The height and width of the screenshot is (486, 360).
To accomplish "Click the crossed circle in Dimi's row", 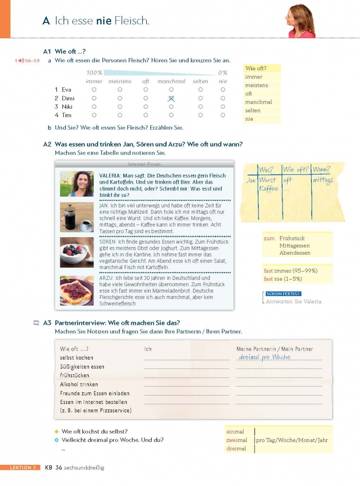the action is pyautogui.click(x=171, y=98).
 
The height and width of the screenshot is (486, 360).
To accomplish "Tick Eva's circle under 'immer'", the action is pyautogui.click(x=94, y=90).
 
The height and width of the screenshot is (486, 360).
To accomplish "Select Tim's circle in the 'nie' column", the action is pyautogui.click(x=223, y=115).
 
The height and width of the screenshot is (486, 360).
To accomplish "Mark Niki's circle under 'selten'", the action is pyautogui.click(x=200, y=107).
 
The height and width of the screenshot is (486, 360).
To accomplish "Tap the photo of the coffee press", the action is pyautogui.click(x=76, y=217).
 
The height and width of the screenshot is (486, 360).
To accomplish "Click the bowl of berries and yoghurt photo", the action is pyautogui.click(x=76, y=252).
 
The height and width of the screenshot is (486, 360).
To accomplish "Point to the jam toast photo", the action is pyautogui.click(x=76, y=291).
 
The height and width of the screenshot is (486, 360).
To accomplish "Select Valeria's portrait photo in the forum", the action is pyautogui.click(x=76, y=184).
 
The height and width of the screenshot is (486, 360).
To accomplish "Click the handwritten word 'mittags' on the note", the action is pyautogui.click(x=323, y=180).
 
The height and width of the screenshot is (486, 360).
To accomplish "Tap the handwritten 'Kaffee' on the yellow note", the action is pyautogui.click(x=269, y=189).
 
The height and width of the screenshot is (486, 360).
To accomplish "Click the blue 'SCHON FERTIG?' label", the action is pyautogui.click(x=283, y=293).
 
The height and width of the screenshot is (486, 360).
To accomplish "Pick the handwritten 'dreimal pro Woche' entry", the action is pyautogui.click(x=265, y=357).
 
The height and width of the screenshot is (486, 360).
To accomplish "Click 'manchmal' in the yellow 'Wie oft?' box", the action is pyautogui.click(x=259, y=102).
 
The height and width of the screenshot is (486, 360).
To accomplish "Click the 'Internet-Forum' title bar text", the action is pyautogui.click(x=144, y=164).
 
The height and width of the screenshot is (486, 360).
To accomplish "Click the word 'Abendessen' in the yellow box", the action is pyautogui.click(x=295, y=253).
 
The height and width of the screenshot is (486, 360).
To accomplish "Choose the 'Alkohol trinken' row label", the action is pyautogui.click(x=79, y=384).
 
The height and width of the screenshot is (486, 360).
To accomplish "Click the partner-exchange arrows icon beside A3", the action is pyautogui.click(x=36, y=323).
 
